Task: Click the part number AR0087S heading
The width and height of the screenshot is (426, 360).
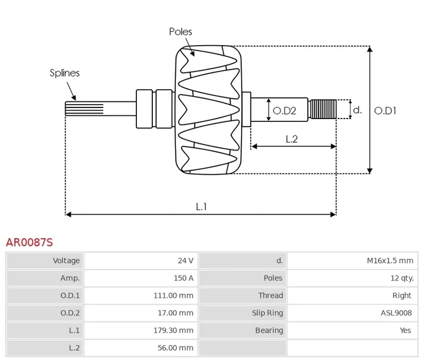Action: click(x=29, y=242)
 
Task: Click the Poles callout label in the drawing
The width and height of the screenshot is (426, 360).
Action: click(x=180, y=31)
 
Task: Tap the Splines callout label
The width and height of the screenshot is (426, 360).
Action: click(x=65, y=73)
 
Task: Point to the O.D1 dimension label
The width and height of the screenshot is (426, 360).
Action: click(x=385, y=110)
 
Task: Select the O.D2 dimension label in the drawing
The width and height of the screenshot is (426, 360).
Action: click(x=285, y=110)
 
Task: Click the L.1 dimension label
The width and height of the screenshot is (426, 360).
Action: click(x=201, y=206)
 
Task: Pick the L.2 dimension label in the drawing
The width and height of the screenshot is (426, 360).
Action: click(x=291, y=139)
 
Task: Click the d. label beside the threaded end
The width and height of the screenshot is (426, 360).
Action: click(x=357, y=110)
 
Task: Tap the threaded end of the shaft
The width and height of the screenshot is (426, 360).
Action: click(x=323, y=109)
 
